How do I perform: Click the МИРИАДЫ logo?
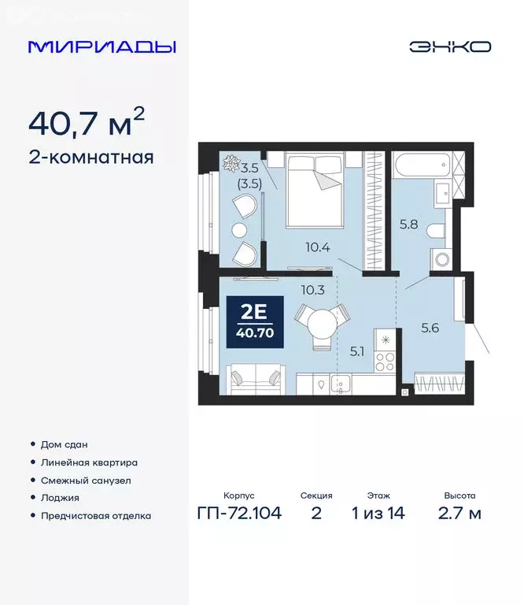(x=101, y=46)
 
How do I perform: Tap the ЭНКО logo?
(x=449, y=46)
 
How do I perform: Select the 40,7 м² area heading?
(x=87, y=122)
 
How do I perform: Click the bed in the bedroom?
(x=315, y=190)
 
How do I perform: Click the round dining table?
(x=322, y=322)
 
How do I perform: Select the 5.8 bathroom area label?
(x=409, y=224)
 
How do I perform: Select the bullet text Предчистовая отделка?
(x=95, y=516)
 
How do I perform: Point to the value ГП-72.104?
(x=238, y=514)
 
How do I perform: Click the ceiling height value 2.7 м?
(x=459, y=514)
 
